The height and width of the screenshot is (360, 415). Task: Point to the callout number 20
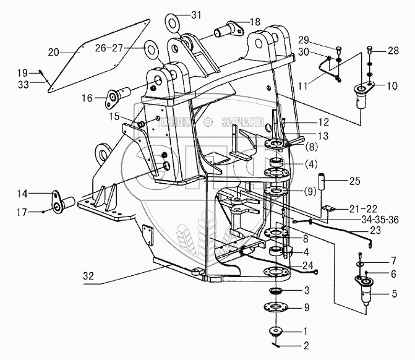pos(53,51)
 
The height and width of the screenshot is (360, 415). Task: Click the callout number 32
pos(89,276)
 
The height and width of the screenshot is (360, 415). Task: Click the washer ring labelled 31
pos(172,24)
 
